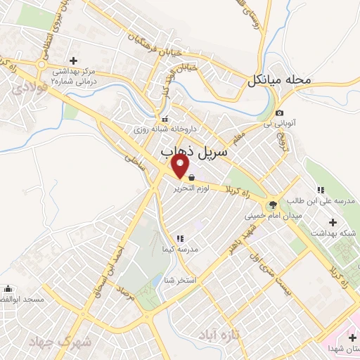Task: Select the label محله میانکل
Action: pos(278,80)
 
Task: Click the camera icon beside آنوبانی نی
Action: pos(280,113)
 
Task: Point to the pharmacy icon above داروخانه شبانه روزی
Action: pos(166,119)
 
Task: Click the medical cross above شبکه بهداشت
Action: pos(333,222)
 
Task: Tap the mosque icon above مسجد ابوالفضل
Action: pos(8,288)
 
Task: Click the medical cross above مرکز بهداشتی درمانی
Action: pos(73,60)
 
